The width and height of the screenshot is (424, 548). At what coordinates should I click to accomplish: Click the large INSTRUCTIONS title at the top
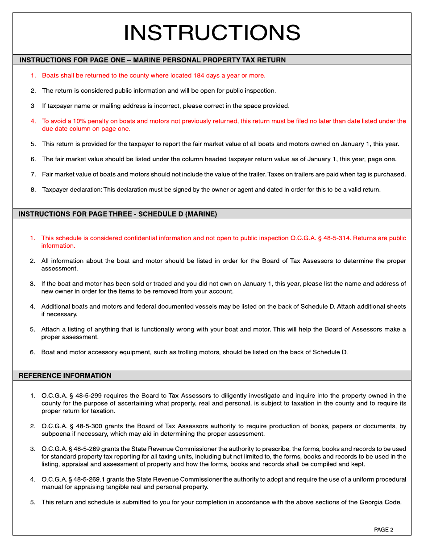coord(212,33)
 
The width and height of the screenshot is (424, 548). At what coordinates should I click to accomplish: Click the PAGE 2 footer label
coord(383,530)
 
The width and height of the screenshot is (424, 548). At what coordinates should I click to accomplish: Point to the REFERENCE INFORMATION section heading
coord(65,376)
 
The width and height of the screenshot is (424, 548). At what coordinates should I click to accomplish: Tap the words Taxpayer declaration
coord(72,190)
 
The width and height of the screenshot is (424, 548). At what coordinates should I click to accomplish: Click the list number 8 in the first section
coord(33,190)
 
